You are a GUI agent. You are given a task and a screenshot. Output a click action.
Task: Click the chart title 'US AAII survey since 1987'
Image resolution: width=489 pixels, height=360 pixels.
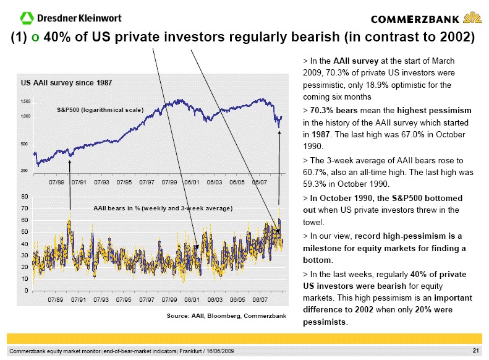click(x=66, y=82)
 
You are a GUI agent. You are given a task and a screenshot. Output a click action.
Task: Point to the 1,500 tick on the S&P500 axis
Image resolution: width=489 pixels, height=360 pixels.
click(x=25, y=100)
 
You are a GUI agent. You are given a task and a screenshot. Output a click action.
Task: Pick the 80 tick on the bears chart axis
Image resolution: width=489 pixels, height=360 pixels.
click(x=24, y=197)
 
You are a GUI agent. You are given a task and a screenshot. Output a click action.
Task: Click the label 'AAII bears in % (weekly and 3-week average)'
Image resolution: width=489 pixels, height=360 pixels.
click(x=163, y=208)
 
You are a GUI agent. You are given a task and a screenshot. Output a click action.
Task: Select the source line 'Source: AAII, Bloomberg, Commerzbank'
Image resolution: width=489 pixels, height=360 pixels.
click(x=226, y=316)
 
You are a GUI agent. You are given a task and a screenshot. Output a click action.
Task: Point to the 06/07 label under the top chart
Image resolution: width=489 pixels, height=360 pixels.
click(x=259, y=182)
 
